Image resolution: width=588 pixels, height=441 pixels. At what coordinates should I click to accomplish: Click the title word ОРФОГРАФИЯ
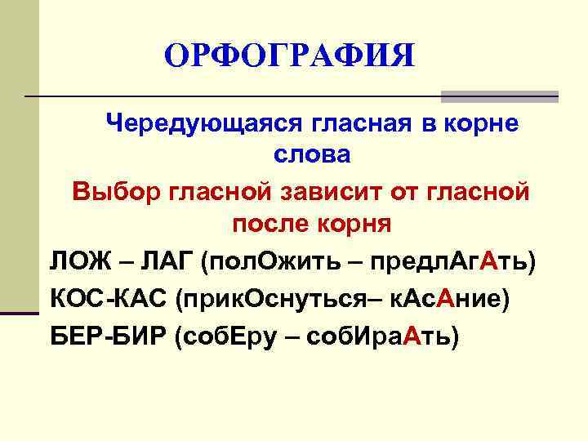click(x=289, y=56)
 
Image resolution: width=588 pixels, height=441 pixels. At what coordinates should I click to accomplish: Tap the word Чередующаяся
click(x=204, y=124)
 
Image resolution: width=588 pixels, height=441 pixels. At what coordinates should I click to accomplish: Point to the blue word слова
click(x=311, y=155)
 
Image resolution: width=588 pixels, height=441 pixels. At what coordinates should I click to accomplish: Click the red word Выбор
click(x=117, y=192)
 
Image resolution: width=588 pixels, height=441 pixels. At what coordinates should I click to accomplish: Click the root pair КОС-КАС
click(x=108, y=300)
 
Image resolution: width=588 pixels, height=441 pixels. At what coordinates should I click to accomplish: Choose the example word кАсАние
click(x=446, y=300)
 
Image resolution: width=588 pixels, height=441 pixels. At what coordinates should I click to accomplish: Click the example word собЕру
click(x=229, y=336)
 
